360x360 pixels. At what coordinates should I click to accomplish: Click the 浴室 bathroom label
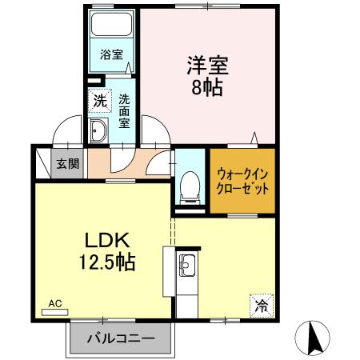coord(111,54)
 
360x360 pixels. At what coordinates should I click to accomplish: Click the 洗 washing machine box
coord(99,102)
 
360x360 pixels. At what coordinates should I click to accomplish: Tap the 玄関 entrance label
coord(67,164)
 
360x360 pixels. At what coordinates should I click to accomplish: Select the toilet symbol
coord(190,186)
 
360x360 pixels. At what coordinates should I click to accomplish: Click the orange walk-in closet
coord(242,182)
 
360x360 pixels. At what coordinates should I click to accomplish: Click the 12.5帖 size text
coord(105,261)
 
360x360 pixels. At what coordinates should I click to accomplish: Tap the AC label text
coord(54,303)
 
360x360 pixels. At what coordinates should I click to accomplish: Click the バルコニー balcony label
coord(120,339)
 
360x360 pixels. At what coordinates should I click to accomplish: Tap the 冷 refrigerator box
coord(261,303)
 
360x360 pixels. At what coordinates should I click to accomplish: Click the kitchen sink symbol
coord(186,265)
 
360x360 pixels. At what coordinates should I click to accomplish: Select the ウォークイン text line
coord(242,173)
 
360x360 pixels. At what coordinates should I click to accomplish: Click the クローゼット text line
coord(242,190)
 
